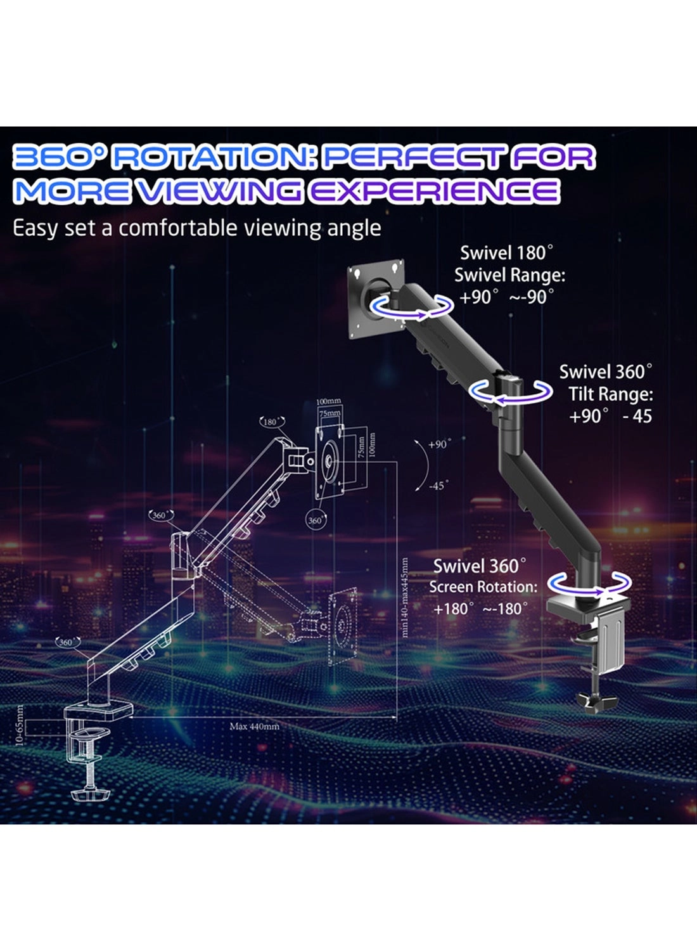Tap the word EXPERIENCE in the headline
(434, 191)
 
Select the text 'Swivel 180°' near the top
(506, 253)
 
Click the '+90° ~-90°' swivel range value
(506, 297)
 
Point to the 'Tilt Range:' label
(610, 394)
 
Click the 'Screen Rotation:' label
(483, 587)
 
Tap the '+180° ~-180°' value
(480, 609)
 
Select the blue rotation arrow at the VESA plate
(412, 306)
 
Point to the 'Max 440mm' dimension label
(254, 727)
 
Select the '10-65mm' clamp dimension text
(18, 725)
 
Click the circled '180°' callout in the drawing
(272, 422)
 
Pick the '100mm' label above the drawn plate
(328, 402)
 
